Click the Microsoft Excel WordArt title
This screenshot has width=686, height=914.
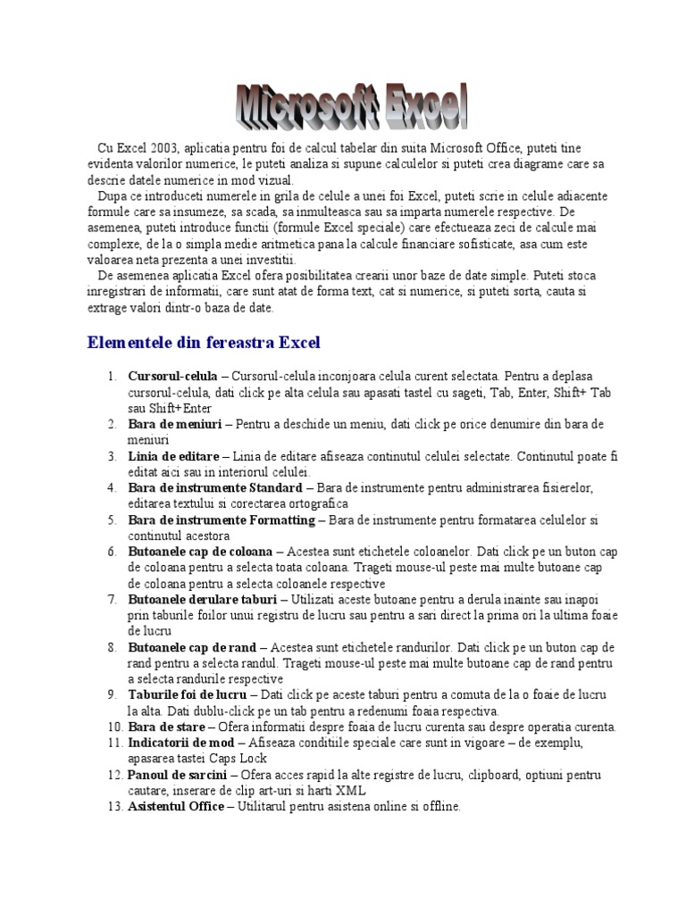pyautogui.click(x=352, y=107)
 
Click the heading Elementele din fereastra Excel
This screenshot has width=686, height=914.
pyautogui.click(x=204, y=342)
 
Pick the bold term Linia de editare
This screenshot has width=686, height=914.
pyautogui.click(x=173, y=456)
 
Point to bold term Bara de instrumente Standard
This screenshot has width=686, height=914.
pyautogui.click(x=215, y=488)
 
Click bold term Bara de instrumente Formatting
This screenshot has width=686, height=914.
pyautogui.click(x=222, y=519)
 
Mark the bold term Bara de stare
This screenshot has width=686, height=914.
pyautogui.click(x=167, y=727)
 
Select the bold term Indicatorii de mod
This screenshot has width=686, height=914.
pyautogui.click(x=181, y=743)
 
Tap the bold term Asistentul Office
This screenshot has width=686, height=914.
pyautogui.click(x=176, y=807)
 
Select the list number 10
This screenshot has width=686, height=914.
pyautogui.click(x=113, y=727)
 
